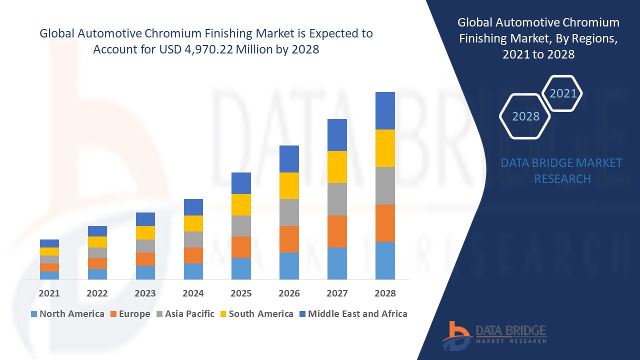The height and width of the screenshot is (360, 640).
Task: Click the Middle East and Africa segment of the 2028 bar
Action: pos(385,110)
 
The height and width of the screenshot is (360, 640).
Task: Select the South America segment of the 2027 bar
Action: pos(337,167)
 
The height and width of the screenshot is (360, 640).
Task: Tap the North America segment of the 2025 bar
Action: pos(241,268)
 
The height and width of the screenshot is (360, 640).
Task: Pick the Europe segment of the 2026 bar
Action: pos(289,239)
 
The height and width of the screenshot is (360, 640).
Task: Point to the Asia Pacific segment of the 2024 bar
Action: pos(193,239)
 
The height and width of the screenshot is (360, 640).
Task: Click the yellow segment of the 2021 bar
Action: pos(49,251)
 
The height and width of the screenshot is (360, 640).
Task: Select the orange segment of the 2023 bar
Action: pos(145,259)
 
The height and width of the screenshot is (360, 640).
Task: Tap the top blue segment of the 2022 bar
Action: pos(97,231)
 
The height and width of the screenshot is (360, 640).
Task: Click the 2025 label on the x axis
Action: pos(241,293)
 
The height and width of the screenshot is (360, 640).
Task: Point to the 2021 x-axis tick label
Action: pos(49,293)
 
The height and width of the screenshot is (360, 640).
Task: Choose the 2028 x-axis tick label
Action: pos(385,293)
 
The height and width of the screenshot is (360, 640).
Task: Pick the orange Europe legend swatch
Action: pos(114,314)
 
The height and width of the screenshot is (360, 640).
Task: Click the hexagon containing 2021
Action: pos(563,93)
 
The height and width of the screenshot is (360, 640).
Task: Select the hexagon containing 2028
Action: pos(525,116)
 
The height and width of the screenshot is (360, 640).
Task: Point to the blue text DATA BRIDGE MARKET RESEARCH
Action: pos(562,170)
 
